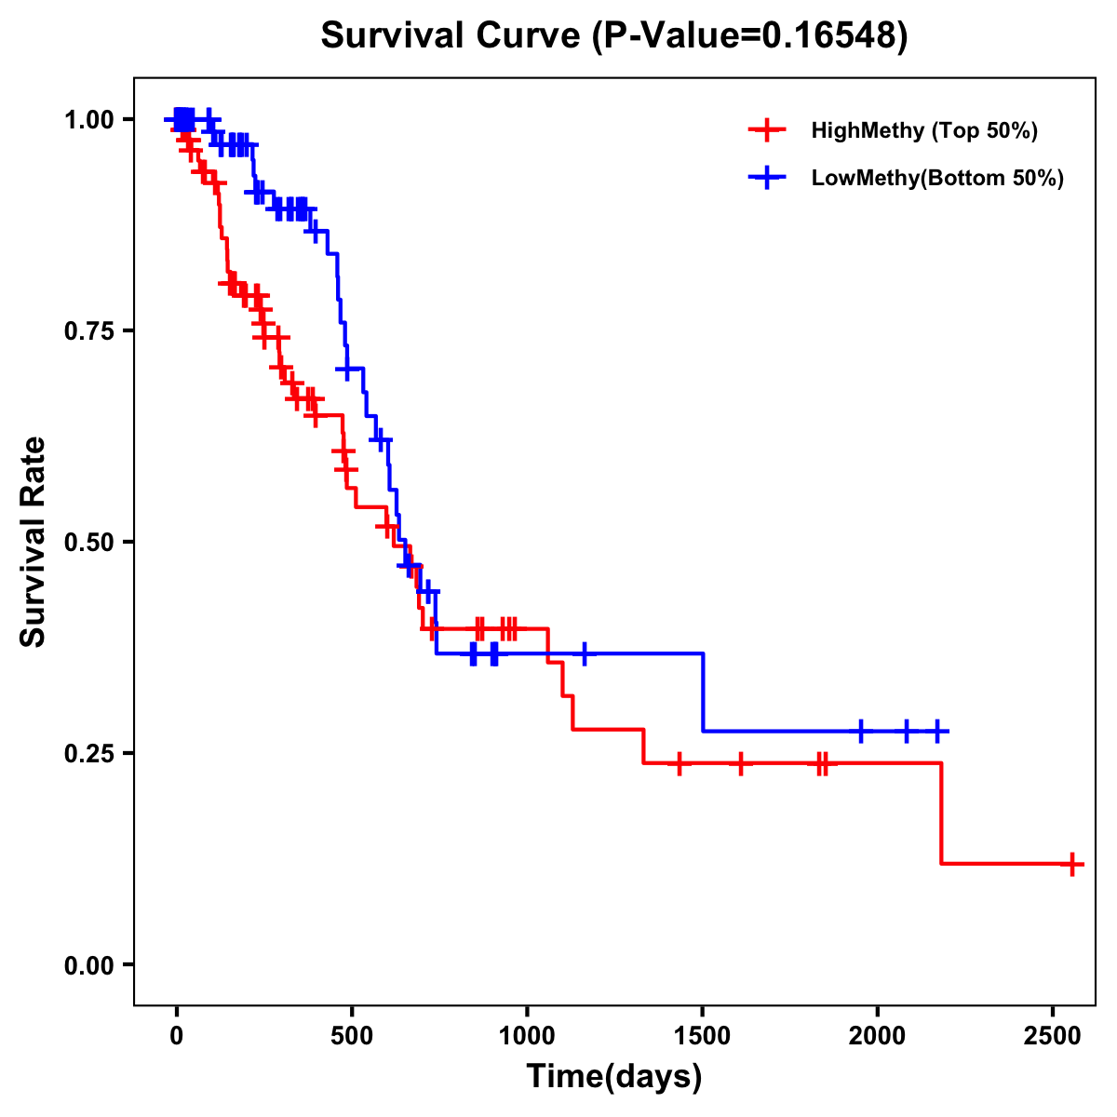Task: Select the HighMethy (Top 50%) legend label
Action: pos(924,130)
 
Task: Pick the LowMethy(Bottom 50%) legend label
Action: pos(937,179)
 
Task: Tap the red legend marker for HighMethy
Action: pos(766,130)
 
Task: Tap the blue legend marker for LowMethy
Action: pos(766,179)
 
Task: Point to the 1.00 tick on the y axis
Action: pos(88,119)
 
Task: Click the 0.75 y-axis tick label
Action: pos(88,330)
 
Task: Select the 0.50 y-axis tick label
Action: pos(88,542)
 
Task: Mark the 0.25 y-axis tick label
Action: pos(88,753)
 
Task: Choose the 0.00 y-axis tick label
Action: pos(88,964)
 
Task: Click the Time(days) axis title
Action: pos(614,1077)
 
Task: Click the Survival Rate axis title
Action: pos(34,542)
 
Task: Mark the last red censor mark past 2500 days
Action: pos(1071,864)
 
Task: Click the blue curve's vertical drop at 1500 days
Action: pos(703,693)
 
